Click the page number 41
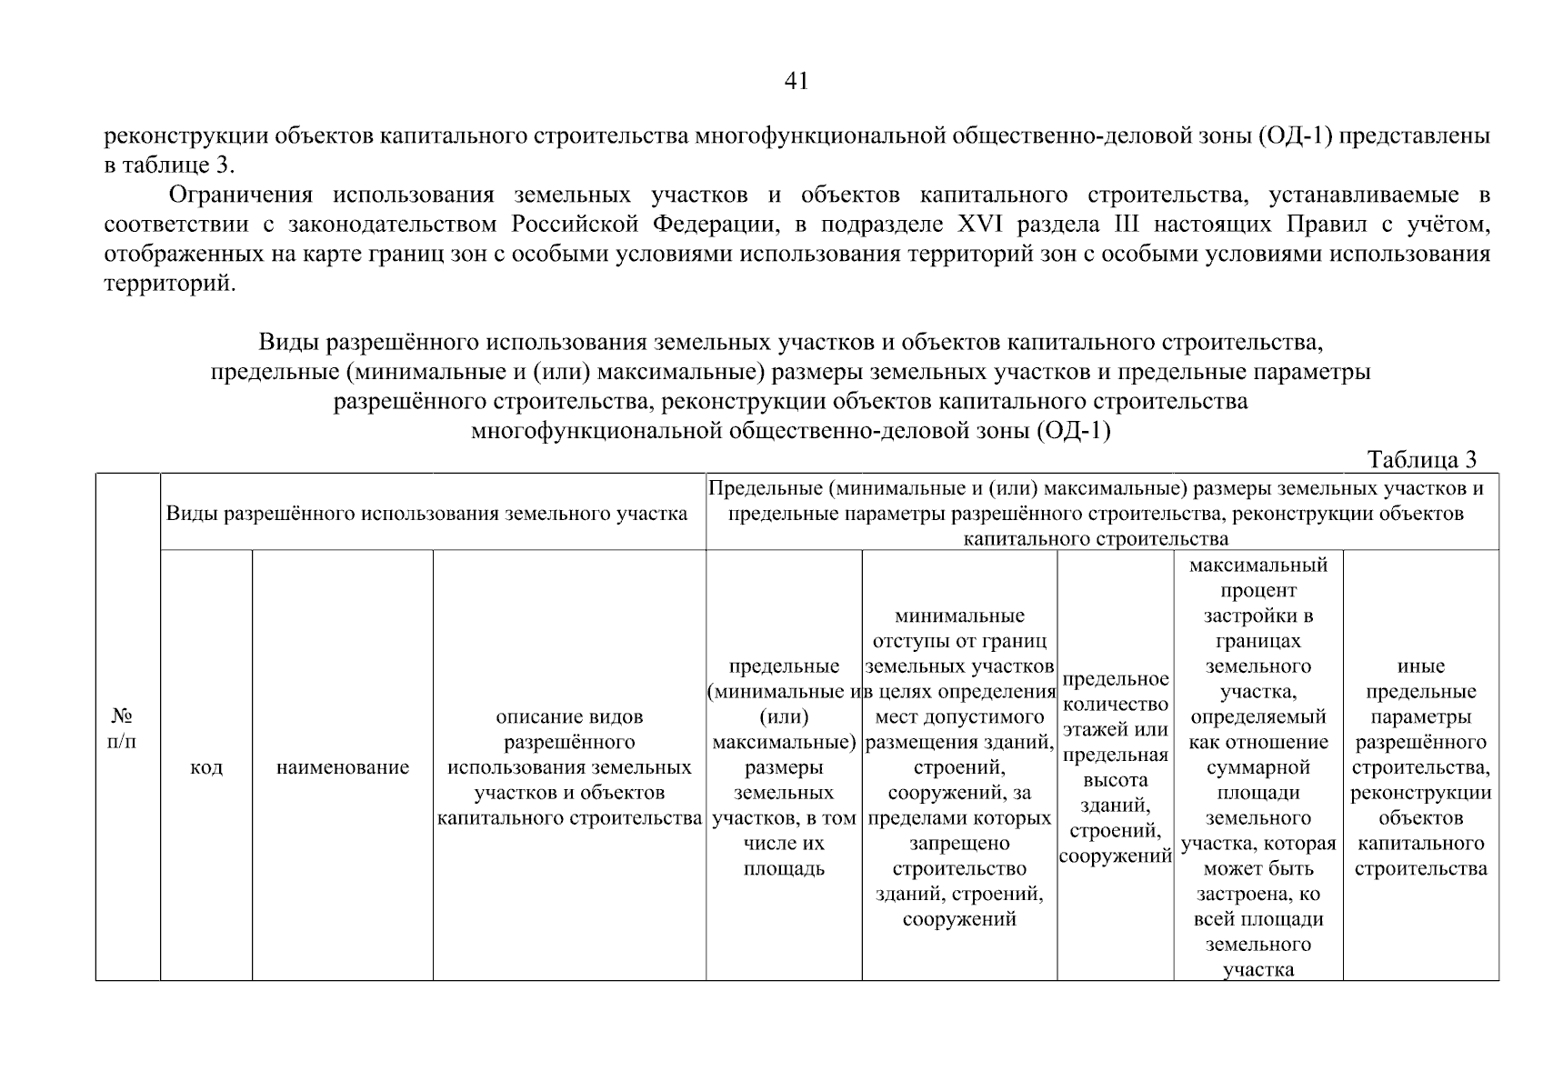tap(796, 82)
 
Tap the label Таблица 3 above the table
tap(1422, 459)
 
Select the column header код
tap(206, 768)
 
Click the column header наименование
tap(343, 768)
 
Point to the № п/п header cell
tap(122, 727)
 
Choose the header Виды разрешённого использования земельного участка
tap(426, 514)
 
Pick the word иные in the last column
tap(1421, 666)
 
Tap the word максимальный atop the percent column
tap(1258, 566)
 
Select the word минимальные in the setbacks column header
tap(959, 616)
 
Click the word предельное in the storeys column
tap(1116, 679)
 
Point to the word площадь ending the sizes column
tap(784, 869)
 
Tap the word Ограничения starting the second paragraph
tap(241, 195)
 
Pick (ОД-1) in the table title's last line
tap(1073, 430)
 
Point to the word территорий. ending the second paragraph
tap(170, 284)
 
